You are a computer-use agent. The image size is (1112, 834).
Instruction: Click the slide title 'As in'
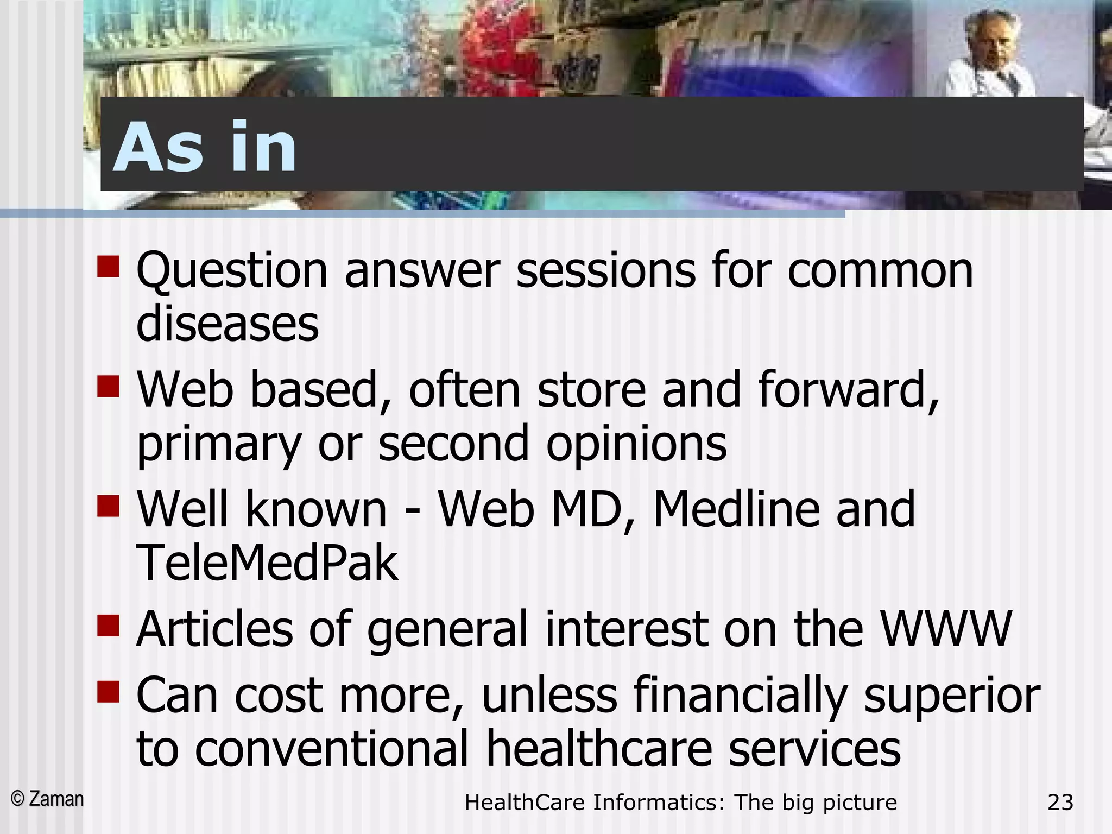205,148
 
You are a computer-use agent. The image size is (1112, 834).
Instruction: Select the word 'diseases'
228,324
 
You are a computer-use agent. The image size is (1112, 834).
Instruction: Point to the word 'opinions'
636,444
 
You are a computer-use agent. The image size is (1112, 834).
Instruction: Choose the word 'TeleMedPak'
267,563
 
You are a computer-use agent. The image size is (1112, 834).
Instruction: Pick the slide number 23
1060,802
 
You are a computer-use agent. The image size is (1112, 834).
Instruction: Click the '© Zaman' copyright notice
48,799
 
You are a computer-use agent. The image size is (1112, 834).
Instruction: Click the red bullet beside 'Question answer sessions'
108,267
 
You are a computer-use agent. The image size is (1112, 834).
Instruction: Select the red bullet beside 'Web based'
108,387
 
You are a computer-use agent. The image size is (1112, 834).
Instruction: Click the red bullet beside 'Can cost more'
108,692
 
